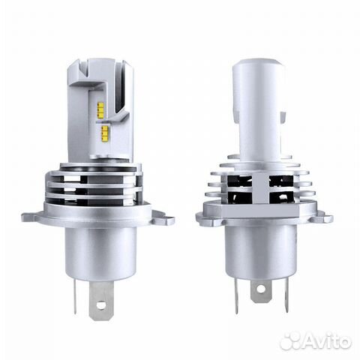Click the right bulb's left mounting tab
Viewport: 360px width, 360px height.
pos(205,219)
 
